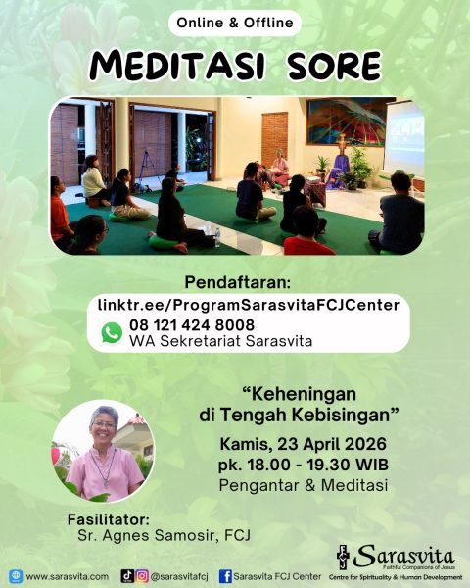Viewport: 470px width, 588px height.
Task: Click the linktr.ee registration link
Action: [x=249, y=305]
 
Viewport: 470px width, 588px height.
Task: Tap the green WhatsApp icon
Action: [x=112, y=332]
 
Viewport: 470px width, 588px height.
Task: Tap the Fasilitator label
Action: [x=109, y=518]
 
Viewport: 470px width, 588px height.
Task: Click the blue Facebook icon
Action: [x=226, y=576]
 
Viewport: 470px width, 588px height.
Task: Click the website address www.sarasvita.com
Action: [x=67, y=576]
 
